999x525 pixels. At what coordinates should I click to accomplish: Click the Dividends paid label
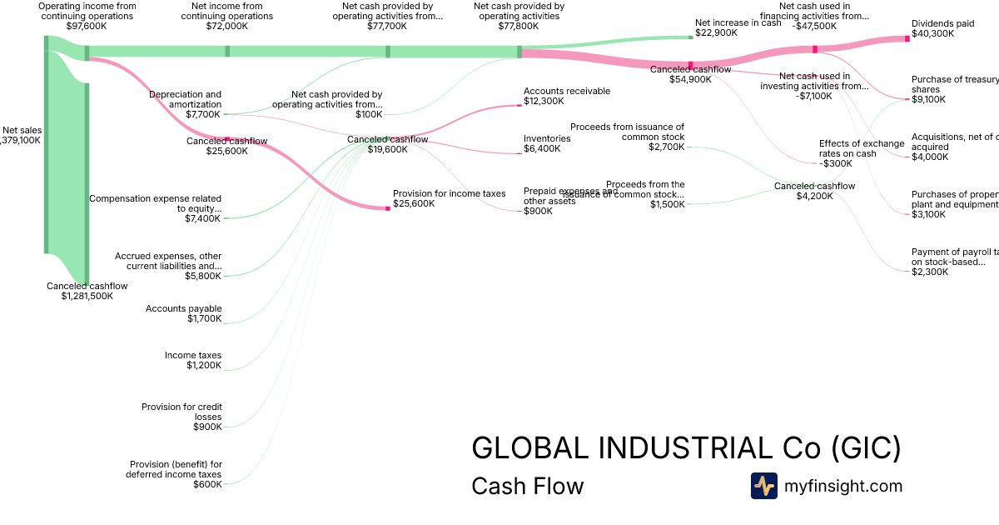[x=942, y=24]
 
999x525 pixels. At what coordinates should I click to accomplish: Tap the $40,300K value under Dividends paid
[x=932, y=34]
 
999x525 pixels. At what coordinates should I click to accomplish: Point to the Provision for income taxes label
[x=449, y=193]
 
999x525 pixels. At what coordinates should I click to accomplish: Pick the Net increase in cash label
[x=738, y=23]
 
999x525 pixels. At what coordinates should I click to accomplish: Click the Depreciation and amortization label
[x=185, y=99]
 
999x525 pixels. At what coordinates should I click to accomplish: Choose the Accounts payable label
[x=183, y=308]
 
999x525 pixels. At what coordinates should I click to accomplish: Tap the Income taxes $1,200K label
[x=193, y=360]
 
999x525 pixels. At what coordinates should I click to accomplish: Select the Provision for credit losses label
[x=181, y=412]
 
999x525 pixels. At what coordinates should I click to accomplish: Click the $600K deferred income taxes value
[x=207, y=484]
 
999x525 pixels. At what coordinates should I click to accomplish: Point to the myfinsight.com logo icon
[x=763, y=486]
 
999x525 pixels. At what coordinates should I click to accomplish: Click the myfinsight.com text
[x=843, y=486]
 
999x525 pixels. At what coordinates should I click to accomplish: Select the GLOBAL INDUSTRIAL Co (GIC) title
[x=686, y=448]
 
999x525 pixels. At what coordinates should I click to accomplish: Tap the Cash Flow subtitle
[x=527, y=486]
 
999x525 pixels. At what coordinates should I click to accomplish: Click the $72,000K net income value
[x=226, y=26]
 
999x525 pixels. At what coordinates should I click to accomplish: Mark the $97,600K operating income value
[x=87, y=26]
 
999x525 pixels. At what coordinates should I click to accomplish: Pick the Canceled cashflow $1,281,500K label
[x=87, y=291]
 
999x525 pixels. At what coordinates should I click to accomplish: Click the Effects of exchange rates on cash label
[x=861, y=148]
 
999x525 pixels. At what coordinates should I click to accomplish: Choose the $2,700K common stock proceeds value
[x=666, y=147]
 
